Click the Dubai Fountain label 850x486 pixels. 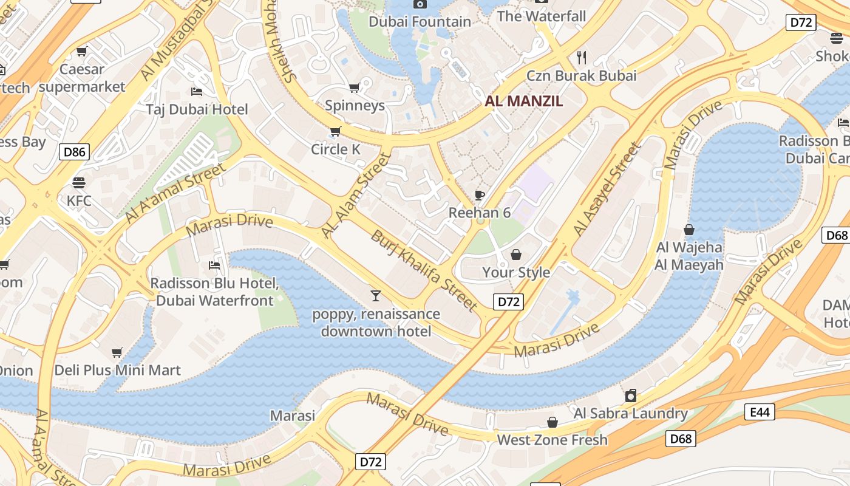(420, 22)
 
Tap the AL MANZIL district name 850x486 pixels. (524, 101)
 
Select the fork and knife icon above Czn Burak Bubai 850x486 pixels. (582, 58)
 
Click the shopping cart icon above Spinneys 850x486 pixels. (355, 88)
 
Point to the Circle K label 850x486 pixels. (336, 149)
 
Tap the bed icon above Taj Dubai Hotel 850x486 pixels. (197, 92)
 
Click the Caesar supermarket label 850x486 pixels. (82, 78)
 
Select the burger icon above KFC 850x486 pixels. (79, 182)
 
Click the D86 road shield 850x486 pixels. (74, 152)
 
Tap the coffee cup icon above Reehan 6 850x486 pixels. (480, 195)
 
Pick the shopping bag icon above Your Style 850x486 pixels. (516, 255)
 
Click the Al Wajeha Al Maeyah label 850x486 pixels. (689, 256)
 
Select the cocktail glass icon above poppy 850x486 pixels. (376, 296)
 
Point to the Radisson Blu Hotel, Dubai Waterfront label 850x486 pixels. (215, 292)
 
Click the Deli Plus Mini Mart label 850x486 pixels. (118, 370)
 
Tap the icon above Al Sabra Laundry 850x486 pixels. (631, 396)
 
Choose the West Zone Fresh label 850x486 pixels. (552, 440)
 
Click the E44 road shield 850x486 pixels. (760, 412)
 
